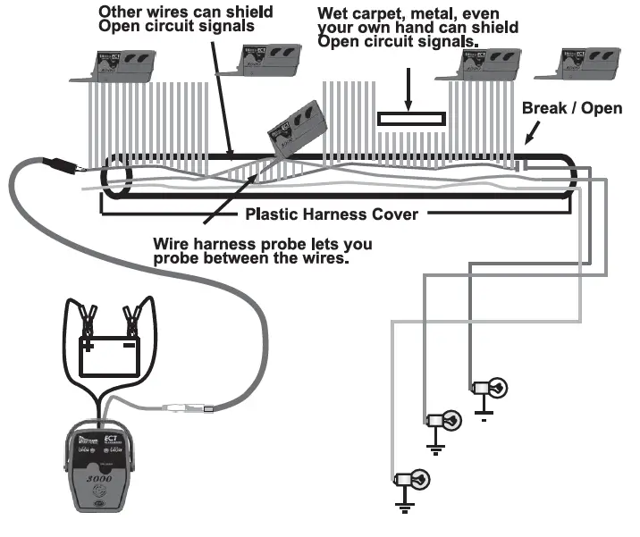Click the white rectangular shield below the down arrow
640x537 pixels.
click(410, 119)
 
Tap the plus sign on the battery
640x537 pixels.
click(89, 343)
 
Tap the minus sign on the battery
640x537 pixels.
click(130, 343)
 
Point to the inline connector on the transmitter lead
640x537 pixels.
click(187, 411)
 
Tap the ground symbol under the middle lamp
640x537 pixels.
click(435, 448)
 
